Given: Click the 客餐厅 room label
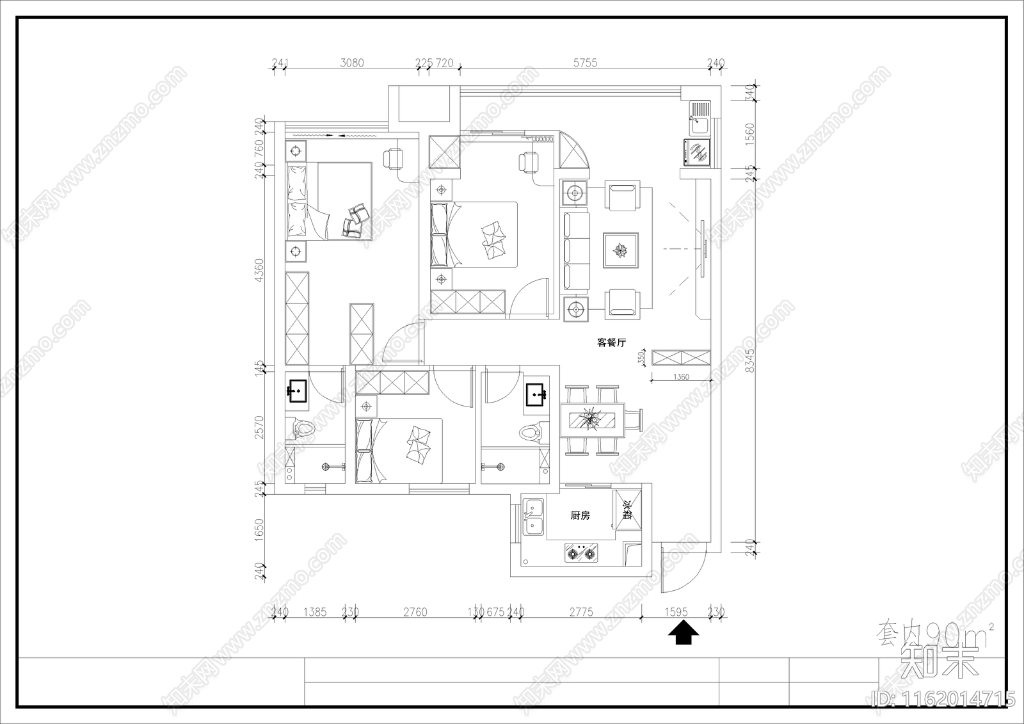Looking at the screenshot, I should tap(611, 343).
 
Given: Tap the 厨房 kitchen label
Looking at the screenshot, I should tap(580, 515).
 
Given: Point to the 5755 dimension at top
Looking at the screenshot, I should tap(585, 63).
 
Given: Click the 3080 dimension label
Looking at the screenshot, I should tap(351, 63).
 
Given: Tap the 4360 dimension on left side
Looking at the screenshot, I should tap(259, 270).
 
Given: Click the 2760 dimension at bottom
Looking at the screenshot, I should tap(415, 612).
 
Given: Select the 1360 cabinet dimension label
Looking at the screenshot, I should tap(681, 377).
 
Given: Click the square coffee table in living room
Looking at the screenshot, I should tap(620, 250).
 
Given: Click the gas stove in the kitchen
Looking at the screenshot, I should tap(584, 552).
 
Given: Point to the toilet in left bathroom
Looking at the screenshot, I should tap(305, 428).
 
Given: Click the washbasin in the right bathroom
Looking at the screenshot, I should tap(536, 395).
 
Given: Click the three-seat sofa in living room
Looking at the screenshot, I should tap(576, 250).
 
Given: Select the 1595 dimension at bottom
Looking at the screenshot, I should tap(675, 612).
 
